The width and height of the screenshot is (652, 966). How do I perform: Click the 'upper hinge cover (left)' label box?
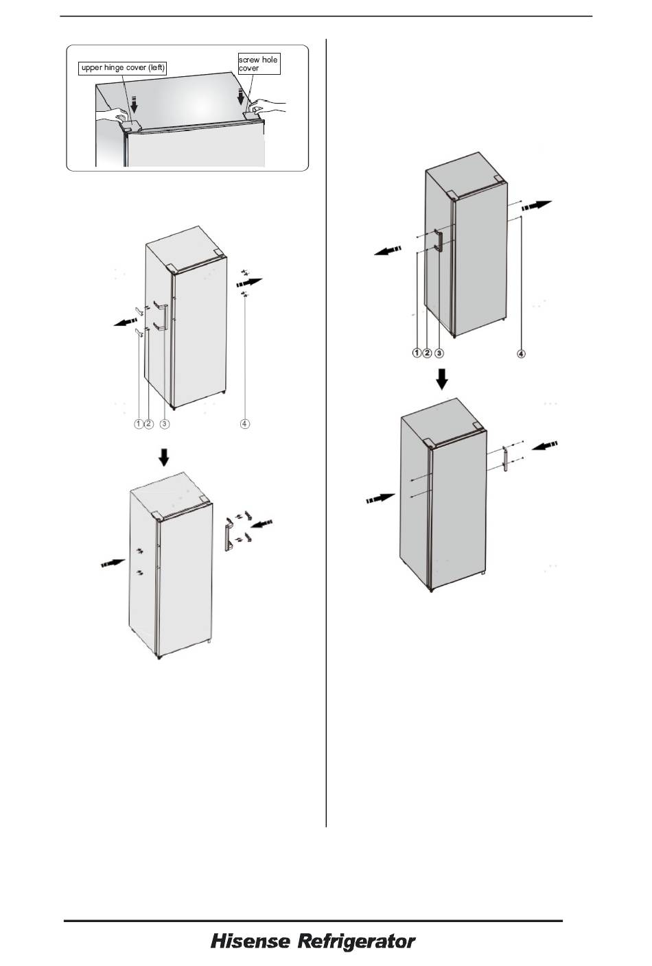click(x=123, y=68)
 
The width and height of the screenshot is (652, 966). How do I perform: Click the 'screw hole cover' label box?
click(x=259, y=64)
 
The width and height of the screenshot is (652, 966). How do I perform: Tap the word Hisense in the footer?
click(x=251, y=941)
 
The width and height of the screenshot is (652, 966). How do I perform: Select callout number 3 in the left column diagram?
click(x=165, y=424)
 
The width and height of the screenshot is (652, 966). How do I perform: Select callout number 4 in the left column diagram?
click(x=244, y=424)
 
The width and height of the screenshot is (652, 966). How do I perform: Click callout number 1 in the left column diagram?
click(x=139, y=424)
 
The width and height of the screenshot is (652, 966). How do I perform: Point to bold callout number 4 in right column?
click(x=521, y=353)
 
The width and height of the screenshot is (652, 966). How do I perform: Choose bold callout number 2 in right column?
click(x=427, y=353)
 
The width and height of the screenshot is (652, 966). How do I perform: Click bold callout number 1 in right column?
click(x=417, y=353)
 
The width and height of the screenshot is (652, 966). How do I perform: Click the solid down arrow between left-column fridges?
click(x=163, y=457)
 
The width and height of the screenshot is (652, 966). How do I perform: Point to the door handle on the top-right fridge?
click(x=439, y=239)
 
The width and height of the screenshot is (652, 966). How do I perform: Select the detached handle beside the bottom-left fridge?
click(x=228, y=534)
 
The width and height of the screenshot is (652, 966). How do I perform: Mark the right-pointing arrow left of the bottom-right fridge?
click(x=381, y=499)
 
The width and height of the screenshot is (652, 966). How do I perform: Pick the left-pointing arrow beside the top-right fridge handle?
click(x=388, y=250)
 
